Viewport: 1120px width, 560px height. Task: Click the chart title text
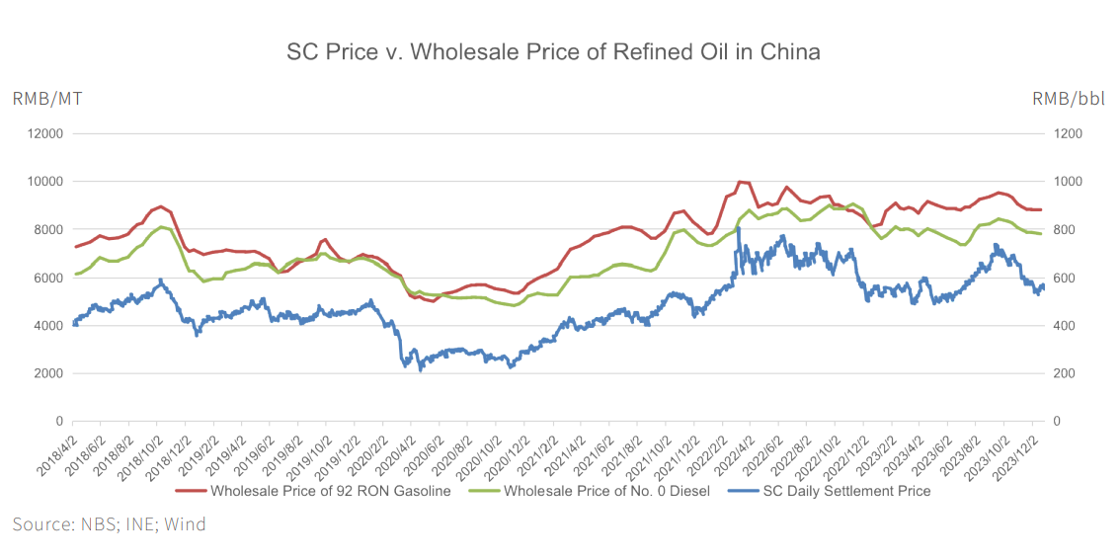click(553, 51)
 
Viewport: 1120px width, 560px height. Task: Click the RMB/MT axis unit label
click(46, 98)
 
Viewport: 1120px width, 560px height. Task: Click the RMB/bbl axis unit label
click(1069, 98)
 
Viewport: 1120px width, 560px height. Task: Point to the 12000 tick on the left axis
click(44, 133)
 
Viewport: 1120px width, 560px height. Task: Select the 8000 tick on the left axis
click(47, 229)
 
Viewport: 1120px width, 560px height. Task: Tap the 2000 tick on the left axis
click(47, 373)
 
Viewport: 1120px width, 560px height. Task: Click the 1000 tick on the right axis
click(1068, 182)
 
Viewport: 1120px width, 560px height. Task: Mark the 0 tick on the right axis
click(1058, 422)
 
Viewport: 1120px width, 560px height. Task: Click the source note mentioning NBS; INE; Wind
click(109, 524)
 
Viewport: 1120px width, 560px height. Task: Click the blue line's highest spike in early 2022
click(738, 229)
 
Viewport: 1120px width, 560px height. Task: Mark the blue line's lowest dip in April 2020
click(420, 370)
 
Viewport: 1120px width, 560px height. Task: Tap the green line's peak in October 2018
click(163, 227)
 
